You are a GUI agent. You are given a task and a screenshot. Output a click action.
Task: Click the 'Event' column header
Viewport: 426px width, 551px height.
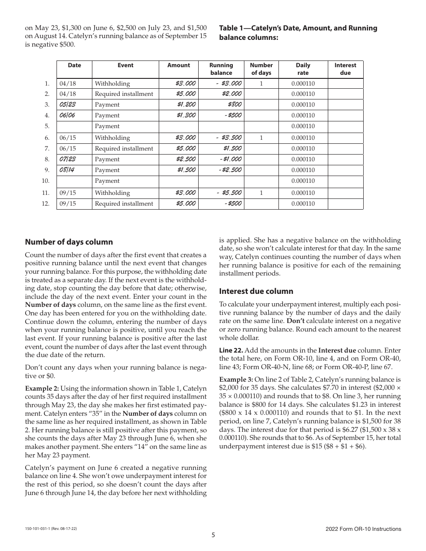tap(126, 65)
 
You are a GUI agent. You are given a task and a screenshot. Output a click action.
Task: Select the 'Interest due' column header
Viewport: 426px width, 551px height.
tap(345, 69)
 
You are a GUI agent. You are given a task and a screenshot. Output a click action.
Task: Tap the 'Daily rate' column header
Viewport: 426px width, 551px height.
tap(303, 69)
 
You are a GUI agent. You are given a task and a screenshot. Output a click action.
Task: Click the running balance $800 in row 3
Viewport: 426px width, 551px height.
tap(235, 105)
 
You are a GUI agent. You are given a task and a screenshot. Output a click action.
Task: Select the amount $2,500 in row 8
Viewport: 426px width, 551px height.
tap(185, 159)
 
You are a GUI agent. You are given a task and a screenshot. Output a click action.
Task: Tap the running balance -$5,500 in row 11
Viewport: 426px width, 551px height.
tap(229, 193)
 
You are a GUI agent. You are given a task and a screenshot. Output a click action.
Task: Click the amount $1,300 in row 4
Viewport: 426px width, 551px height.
tap(186, 116)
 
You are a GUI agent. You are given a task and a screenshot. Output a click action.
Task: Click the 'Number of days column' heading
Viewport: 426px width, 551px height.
tap(69, 242)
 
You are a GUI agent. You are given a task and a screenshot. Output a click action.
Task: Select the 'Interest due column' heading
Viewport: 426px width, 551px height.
tap(256, 291)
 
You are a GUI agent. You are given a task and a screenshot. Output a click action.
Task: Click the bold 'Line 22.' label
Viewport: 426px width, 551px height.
tap(231, 350)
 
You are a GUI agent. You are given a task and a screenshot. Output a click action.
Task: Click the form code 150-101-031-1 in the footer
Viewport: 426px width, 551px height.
tap(42, 529)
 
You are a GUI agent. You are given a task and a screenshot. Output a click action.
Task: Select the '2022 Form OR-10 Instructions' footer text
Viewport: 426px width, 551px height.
tap(363, 529)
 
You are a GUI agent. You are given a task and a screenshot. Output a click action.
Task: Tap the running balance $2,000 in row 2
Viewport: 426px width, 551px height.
tap(232, 94)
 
